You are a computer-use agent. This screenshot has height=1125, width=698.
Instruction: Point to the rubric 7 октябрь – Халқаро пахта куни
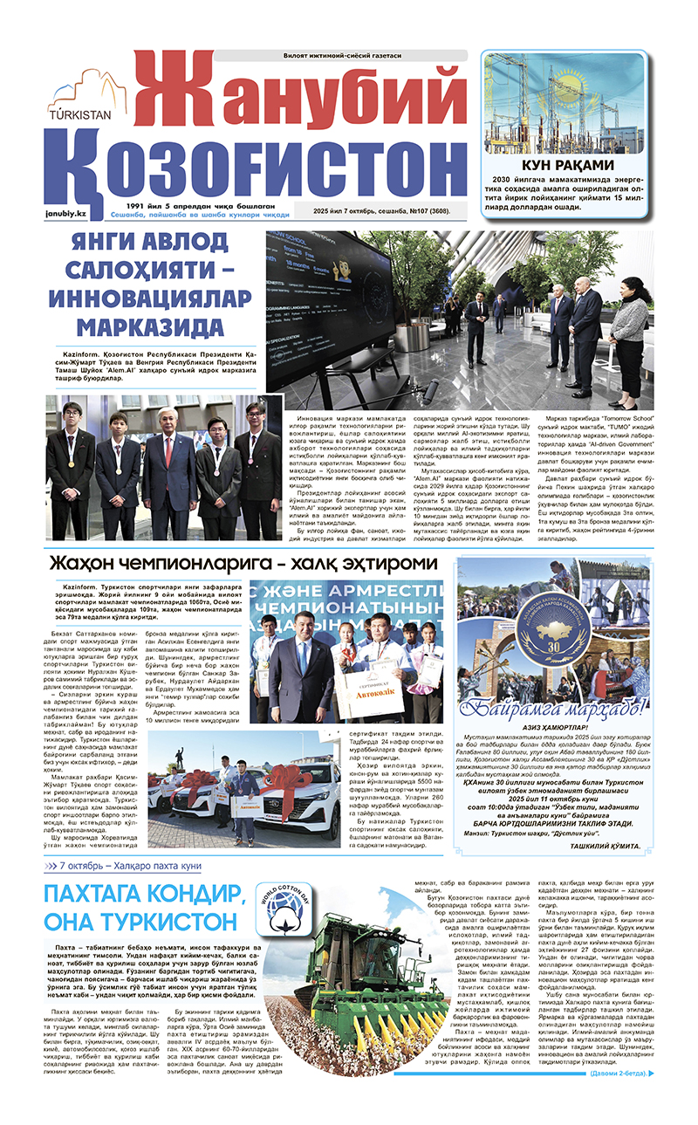click(x=131, y=866)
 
